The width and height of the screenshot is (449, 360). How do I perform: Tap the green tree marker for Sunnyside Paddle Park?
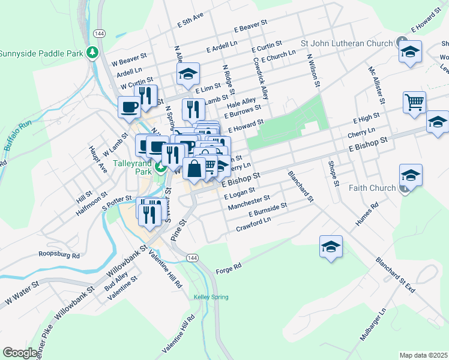(92, 53)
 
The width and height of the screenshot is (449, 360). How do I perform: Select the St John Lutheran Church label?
(346, 43)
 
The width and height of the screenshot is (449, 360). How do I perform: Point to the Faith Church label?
(372, 188)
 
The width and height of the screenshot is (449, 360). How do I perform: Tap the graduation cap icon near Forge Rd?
(331, 246)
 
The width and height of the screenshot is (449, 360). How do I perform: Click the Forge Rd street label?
(228, 266)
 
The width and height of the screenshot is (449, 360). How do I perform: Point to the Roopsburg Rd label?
(59, 255)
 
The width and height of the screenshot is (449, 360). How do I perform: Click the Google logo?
(20, 353)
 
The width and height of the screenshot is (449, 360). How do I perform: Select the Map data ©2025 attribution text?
(423, 355)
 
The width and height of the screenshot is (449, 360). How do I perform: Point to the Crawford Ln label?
(253, 224)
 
